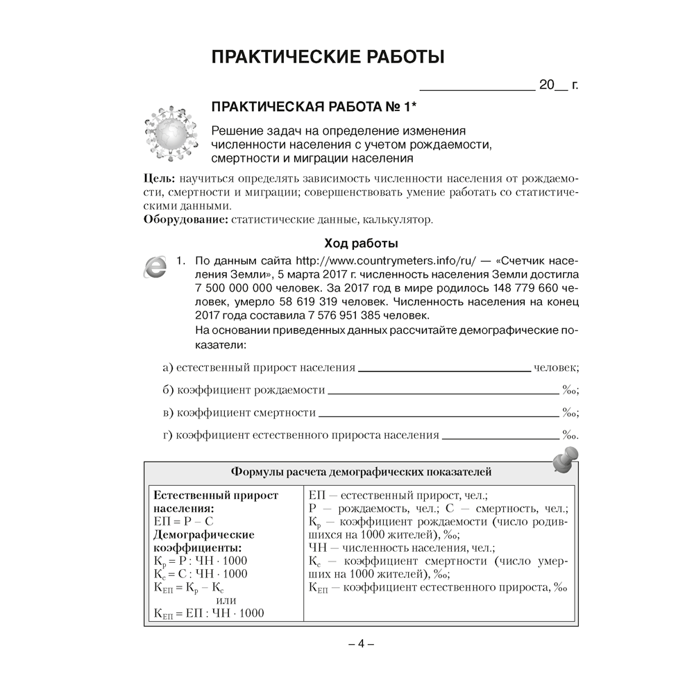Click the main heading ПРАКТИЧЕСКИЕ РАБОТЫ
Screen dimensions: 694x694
(x=328, y=57)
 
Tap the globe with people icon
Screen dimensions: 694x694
(x=167, y=131)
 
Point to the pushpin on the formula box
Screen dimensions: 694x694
(x=566, y=459)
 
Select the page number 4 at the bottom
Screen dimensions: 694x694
(x=361, y=643)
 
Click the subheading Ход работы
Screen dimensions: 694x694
(x=361, y=244)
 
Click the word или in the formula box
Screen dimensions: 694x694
(x=227, y=600)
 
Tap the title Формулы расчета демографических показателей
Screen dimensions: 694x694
(x=361, y=473)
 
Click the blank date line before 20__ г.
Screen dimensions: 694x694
(x=477, y=88)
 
